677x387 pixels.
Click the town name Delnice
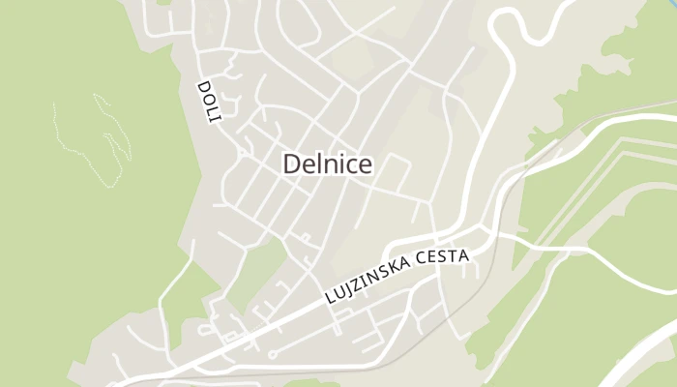pyautogui.click(x=328, y=164)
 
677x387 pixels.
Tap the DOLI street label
pyautogui.click(x=209, y=101)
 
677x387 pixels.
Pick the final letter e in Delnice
pyautogui.click(x=367, y=165)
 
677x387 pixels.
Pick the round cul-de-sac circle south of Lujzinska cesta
pyautogui.click(x=272, y=354)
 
